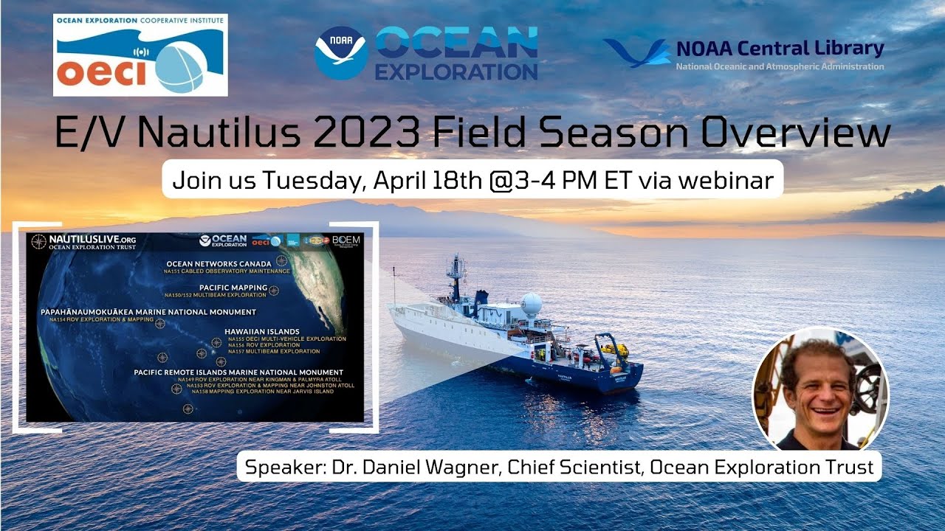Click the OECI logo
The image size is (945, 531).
click(140, 55)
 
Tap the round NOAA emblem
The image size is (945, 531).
click(340, 52)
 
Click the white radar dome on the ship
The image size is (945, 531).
click(531, 304)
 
